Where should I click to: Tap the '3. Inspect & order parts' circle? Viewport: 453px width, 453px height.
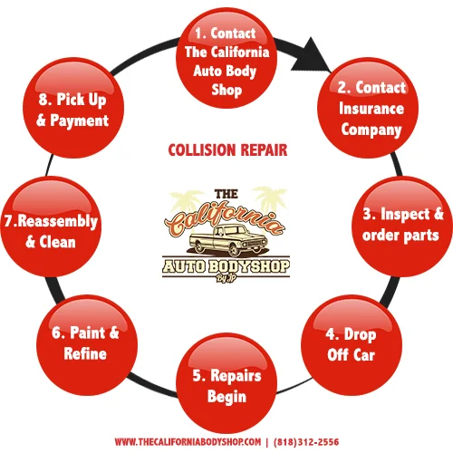pyautogui.click(x=399, y=225)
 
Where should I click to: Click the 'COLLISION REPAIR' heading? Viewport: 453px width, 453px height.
pyautogui.click(x=226, y=149)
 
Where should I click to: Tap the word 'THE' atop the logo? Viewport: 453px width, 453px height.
pyautogui.click(x=225, y=193)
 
